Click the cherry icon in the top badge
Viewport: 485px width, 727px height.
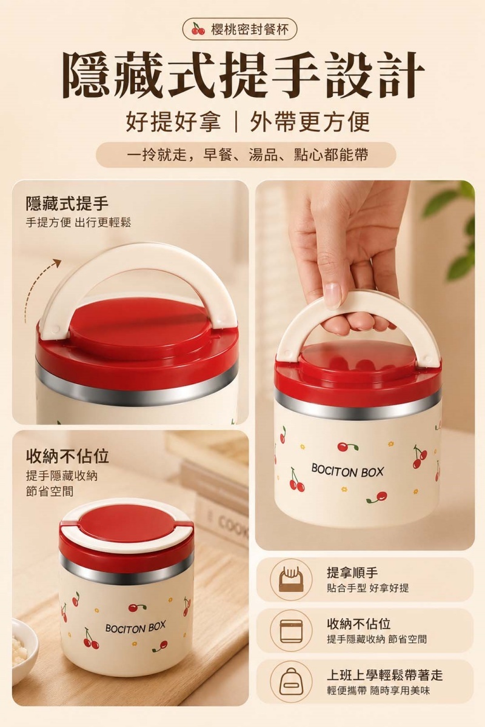198,28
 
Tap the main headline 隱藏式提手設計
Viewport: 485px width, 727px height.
242,75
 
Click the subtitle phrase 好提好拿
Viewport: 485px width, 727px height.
173,122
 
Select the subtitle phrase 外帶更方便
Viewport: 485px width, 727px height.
310,122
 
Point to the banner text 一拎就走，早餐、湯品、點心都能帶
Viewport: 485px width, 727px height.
246,155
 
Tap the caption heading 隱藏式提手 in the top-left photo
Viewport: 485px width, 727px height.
67,204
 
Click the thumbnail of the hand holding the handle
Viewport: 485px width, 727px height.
365,365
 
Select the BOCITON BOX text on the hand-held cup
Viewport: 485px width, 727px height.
347,471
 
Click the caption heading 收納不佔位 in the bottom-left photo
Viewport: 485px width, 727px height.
67,456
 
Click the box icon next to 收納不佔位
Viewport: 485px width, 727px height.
291,630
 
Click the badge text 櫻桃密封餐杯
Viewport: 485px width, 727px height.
249,30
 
